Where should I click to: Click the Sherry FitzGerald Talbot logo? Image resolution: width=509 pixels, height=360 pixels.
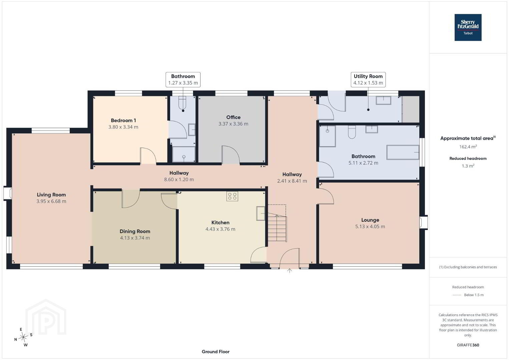click(x=468, y=27)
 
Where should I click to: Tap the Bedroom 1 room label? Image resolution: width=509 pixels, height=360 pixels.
click(x=123, y=120)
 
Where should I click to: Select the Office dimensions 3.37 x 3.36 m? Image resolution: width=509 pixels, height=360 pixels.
click(x=233, y=124)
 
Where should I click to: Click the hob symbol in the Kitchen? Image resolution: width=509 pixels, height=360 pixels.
click(x=232, y=196)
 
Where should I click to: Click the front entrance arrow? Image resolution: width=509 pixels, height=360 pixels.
click(x=290, y=271)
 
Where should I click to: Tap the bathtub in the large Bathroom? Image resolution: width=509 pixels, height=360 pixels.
click(x=403, y=152)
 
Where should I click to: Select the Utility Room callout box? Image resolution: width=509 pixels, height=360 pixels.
click(x=368, y=79)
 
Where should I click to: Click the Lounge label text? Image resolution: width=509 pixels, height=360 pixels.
click(x=370, y=220)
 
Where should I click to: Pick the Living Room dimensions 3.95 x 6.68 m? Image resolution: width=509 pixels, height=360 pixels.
click(x=51, y=201)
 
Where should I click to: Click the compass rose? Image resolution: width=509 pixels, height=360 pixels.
click(x=23, y=338)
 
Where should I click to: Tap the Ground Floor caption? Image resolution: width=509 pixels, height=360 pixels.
click(x=216, y=352)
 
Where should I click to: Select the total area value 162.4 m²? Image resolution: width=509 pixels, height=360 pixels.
click(x=468, y=147)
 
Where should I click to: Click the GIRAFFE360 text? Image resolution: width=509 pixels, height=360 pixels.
click(x=468, y=345)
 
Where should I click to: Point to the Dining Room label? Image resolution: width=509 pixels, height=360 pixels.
click(x=135, y=231)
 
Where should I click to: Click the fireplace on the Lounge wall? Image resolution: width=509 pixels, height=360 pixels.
click(x=424, y=222)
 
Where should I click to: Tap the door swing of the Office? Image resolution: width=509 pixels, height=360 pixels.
click(x=231, y=153)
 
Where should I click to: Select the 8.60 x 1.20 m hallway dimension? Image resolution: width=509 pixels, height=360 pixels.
click(x=179, y=179)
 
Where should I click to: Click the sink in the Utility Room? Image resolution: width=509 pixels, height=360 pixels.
click(x=383, y=100)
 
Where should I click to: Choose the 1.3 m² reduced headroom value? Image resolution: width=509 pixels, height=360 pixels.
click(x=468, y=166)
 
